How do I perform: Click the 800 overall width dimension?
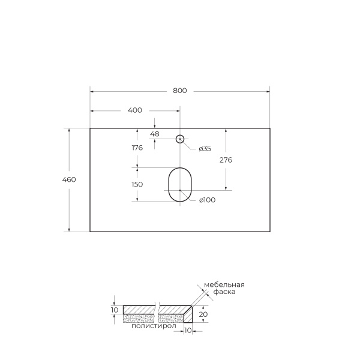pyautogui.click(x=180, y=91)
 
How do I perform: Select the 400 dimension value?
pyautogui.click(x=135, y=110)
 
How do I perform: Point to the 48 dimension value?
pyautogui.click(x=155, y=134)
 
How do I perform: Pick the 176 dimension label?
pyautogui.click(x=137, y=148)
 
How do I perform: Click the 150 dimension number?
pyautogui.click(x=137, y=184)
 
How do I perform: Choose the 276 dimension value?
pyautogui.click(x=226, y=160)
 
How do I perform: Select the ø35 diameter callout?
pyautogui.click(x=205, y=149)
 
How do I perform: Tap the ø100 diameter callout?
pyautogui.click(x=206, y=200)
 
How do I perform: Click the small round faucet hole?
pyautogui.click(x=179, y=139)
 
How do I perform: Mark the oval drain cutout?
pyautogui.click(x=179, y=184)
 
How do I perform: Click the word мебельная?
pyautogui.click(x=224, y=284)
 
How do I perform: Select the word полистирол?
pyautogui.click(x=153, y=326)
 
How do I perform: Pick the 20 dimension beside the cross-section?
pyautogui.click(x=203, y=314)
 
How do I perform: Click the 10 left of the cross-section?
pyautogui.click(x=115, y=310)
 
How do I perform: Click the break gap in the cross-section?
pyautogui.click(x=157, y=313)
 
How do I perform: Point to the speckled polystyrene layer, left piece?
pyautogui.click(x=138, y=318)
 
